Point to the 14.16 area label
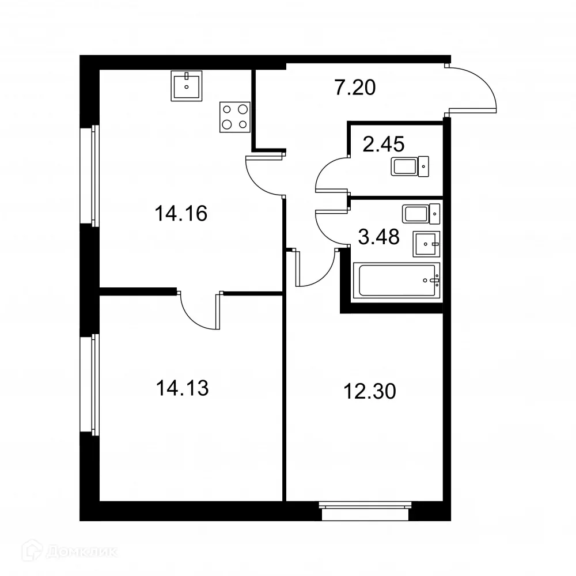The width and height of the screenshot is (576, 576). tap(180, 214)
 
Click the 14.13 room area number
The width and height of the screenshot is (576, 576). tap(181, 388)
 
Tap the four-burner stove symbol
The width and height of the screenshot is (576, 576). tap(235, 116)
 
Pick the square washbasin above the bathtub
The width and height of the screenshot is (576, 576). tap(426, 244)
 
